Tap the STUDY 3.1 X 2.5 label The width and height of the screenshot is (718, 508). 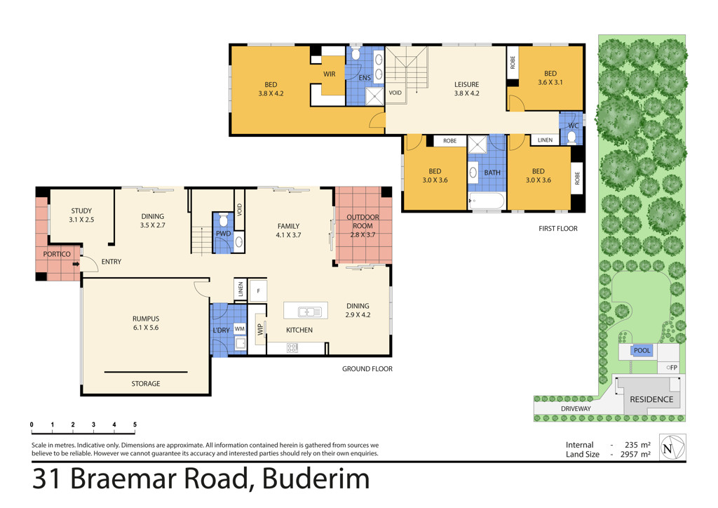(81, 215)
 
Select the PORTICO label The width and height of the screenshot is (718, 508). (57, 254)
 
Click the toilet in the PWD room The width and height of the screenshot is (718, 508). (224, 220)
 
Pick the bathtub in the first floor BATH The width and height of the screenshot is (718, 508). (487, 201)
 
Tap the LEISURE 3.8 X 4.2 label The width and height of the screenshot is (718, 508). (466, 89)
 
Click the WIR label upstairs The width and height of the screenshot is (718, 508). (330, 74)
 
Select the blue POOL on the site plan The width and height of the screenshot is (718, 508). (642, 350)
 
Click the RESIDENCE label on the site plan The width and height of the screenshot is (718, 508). (651, 399)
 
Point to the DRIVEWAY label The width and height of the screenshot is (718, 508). (576, 408)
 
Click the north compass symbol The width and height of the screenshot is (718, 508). (672, 448)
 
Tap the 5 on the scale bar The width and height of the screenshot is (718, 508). (135, 425)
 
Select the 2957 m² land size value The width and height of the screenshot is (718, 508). (635, 455)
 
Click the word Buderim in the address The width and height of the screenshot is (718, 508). (316, 479)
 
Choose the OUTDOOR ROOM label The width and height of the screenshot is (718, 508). (363, 222)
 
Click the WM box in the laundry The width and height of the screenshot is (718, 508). (240, 328)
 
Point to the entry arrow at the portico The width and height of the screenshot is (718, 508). (76, 264)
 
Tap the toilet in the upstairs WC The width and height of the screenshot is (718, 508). (571, 137)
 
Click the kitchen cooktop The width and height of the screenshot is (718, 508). (292, 348)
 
